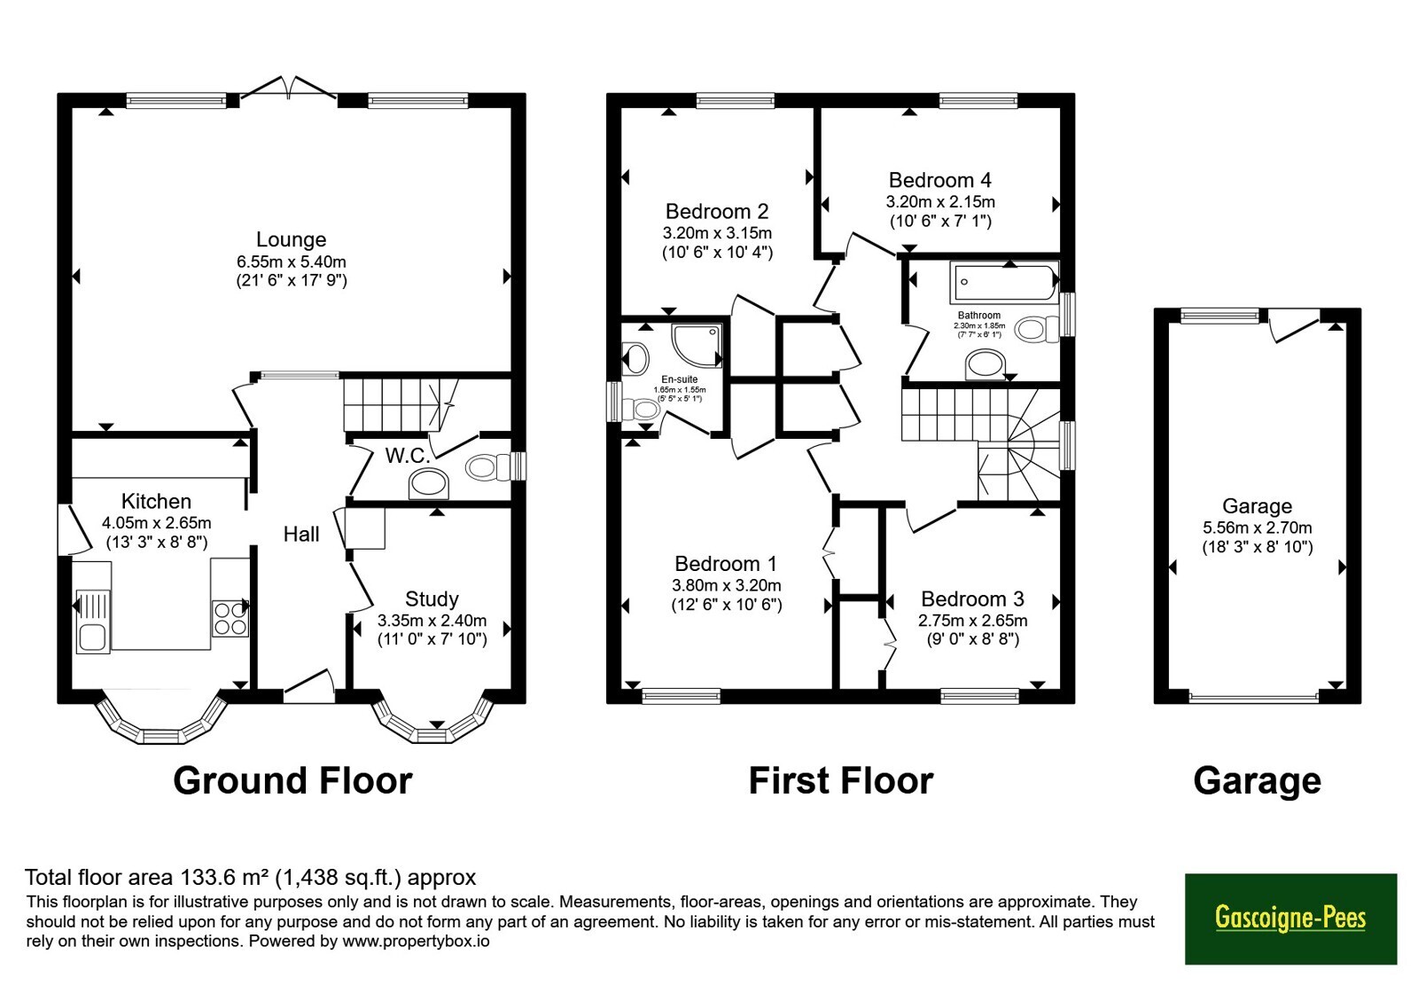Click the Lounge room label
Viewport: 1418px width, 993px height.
292,239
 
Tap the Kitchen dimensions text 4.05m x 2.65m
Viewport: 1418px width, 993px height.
156,523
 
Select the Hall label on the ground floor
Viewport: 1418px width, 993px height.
301,535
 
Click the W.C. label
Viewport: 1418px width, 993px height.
408,456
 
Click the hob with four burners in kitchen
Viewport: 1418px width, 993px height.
230,618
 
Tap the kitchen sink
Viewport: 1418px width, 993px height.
93,622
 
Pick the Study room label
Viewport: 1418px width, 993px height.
432,599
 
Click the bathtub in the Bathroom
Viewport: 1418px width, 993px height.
1004,281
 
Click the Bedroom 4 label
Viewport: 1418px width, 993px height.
940,181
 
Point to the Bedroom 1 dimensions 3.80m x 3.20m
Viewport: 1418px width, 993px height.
726,585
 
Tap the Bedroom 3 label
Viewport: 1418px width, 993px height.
972,599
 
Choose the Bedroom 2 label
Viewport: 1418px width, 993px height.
717,211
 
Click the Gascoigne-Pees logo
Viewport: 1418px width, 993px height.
1290,919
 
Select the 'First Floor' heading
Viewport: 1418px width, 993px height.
841,780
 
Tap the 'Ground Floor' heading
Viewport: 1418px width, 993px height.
292,780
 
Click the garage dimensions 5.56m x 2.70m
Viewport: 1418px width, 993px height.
1258,528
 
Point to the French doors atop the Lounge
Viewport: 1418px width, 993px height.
289,89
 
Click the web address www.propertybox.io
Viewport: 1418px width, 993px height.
416,941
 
